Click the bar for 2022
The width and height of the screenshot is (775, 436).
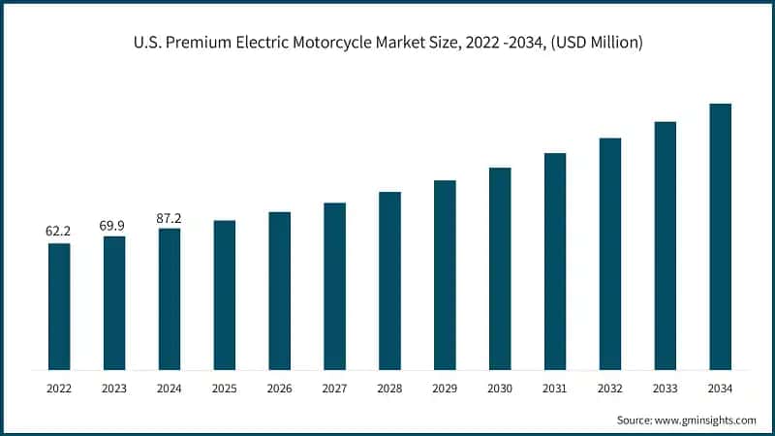pos(59,306)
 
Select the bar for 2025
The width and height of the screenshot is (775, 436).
pos(225,295)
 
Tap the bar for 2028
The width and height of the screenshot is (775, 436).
pos(389,281)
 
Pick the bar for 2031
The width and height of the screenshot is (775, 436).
pos(555,262)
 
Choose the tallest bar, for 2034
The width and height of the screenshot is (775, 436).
pos(720,236)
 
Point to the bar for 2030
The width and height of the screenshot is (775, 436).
pos(500,268)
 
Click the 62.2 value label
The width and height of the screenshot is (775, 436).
pos(59,232)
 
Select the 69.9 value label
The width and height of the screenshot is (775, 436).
pos(114,225)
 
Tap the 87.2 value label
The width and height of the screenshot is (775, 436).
pos(170,218)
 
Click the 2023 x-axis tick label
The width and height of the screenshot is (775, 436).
pos(114,389)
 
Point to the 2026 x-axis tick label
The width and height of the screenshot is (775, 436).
pos(280,389)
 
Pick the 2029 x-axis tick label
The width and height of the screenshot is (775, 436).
pos(445,389)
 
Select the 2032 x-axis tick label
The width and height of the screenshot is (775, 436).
pos(610,389)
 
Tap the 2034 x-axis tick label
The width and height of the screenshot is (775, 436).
pos(720,389)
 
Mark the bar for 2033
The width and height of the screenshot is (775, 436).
pos(665,246)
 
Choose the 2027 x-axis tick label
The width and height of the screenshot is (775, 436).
pos(335,389)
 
